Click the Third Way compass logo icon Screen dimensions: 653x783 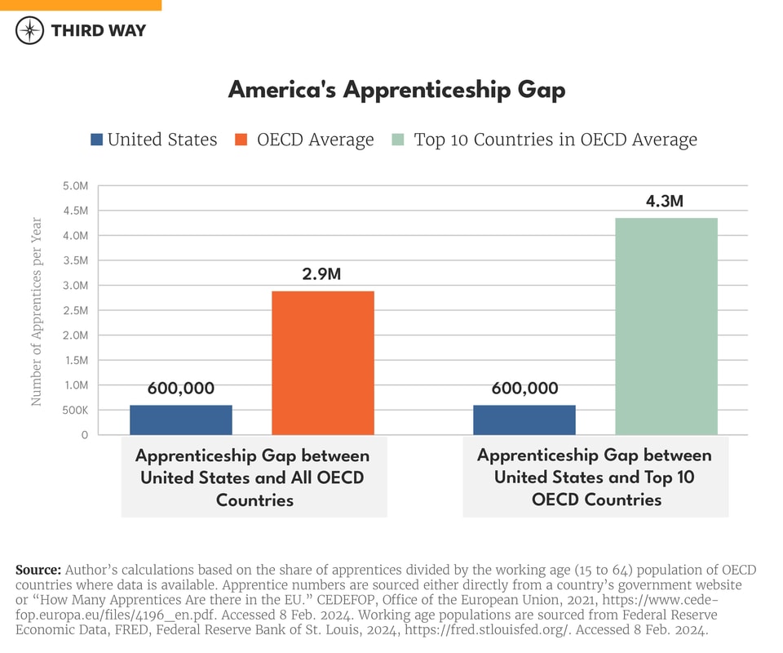point(30,30)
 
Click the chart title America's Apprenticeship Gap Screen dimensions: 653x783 point(396,90)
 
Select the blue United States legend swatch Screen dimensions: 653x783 point(97,140)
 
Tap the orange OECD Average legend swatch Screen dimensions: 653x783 point(241,140)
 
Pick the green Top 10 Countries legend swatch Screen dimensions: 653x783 point(398,140)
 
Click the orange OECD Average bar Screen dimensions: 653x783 point(322,363)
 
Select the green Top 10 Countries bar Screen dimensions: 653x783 point(666,326)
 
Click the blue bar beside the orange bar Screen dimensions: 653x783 point(181,420)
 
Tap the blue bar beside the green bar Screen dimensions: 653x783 point(524,420)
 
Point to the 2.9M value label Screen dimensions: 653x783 point(322,275)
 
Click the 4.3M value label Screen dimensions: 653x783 point(665,202)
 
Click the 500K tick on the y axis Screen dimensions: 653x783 point(74,410)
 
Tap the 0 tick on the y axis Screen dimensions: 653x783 point(84,435)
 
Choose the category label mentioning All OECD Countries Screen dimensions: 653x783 point(253,478)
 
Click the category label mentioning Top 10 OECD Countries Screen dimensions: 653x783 point(595,477)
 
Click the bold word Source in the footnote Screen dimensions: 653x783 point(38,569)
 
